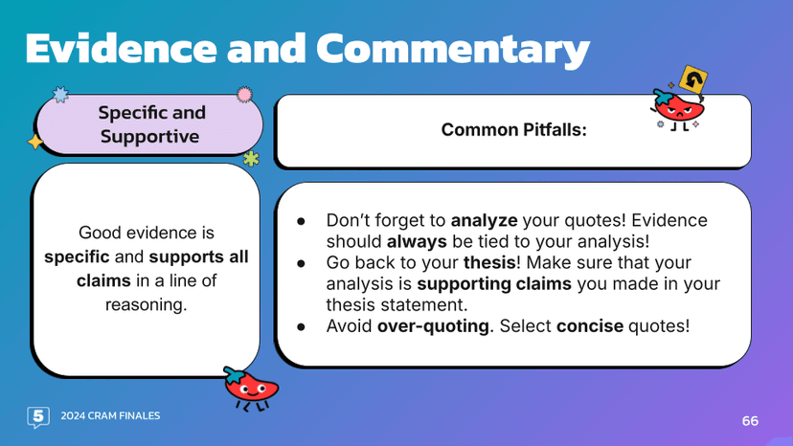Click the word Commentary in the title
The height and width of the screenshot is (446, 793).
[x=453, y=48]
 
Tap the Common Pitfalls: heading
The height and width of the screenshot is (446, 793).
[x=512, y=129]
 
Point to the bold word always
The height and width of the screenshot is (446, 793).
[x=413, y=241]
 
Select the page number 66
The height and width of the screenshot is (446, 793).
[x=750, y=421]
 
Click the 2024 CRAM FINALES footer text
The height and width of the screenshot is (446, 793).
[x=110, y=416]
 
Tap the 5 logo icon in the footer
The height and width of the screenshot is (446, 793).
[x=38, y=416]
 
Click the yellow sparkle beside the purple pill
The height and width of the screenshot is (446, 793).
[x=35, y=142]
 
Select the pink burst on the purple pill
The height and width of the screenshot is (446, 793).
[x=244, y=94]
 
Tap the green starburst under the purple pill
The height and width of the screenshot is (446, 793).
[x=251, y=158]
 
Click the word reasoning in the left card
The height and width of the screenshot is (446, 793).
[x=147, y=304]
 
